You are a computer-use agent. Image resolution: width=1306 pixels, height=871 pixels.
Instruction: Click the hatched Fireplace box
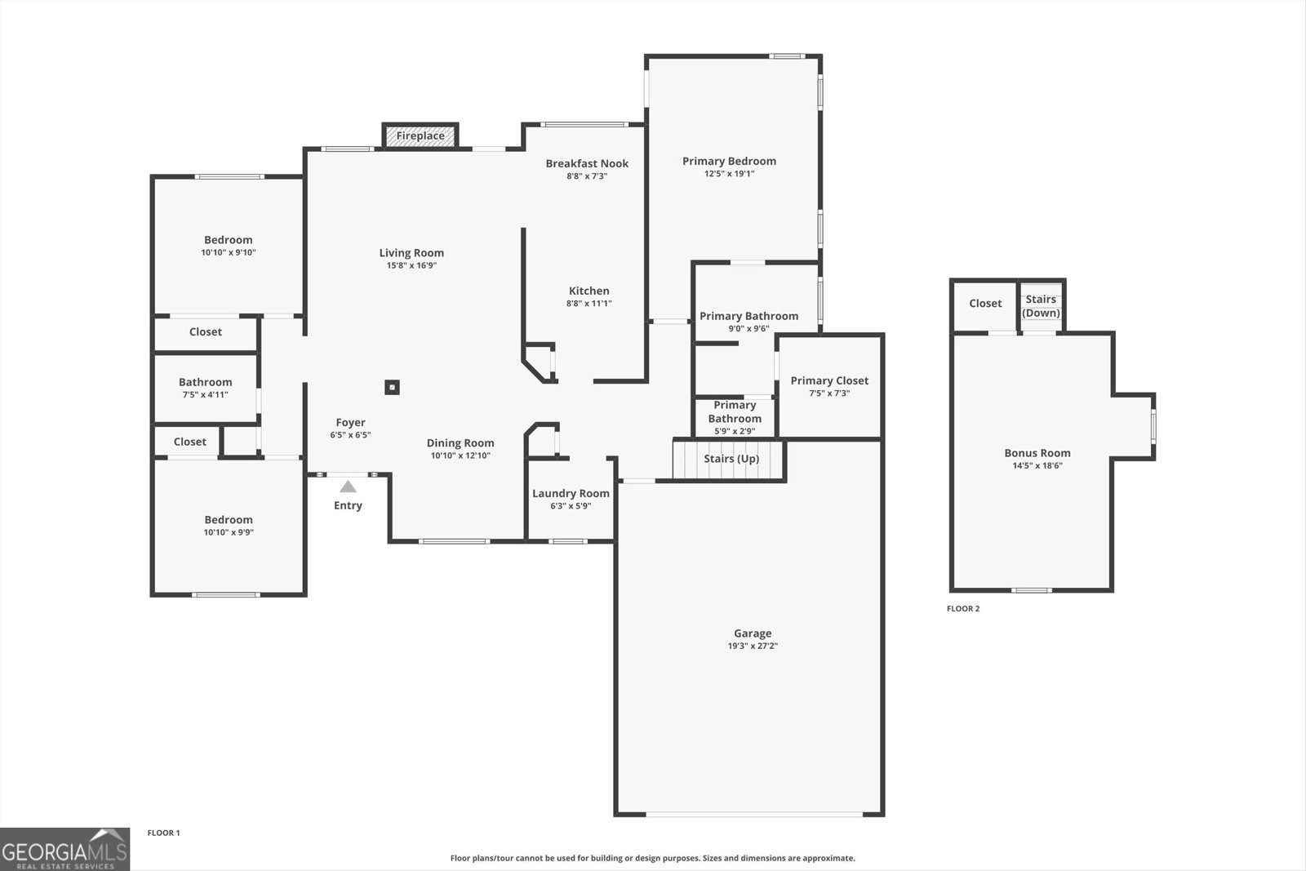pyautogui.click(x=420, y=136)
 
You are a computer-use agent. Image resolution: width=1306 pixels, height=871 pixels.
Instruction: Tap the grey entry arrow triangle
pyautogui.click(x=349, y=487)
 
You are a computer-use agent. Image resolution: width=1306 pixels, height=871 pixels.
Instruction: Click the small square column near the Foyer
pyautogui.click(x=392, y=387)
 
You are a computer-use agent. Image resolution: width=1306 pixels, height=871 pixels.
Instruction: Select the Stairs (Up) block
pyautogui.click(x=729, y=459)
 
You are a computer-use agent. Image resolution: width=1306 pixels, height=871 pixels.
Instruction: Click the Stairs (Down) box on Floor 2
pyautogui.click(x=1041, y=306)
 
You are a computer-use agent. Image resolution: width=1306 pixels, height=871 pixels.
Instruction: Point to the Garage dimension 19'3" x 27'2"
pyautogui.click(x=752, y=646)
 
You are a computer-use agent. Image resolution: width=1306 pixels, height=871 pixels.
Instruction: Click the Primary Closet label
pyautogui.click(x=828, y=380)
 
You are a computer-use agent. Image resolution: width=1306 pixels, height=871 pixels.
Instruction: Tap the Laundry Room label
pyautogui.click(x=571, y=493)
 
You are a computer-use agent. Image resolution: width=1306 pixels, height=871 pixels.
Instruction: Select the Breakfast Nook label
pyautogui.click(x=587, y=163)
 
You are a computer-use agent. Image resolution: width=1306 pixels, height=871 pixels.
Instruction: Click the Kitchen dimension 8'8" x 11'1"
pyautogui.click(x=589, y=304)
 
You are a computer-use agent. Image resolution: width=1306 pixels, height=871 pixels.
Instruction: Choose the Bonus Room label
pyautogui.click(x=1037, y=453)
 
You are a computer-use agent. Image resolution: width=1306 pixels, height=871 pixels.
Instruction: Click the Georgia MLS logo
pyautogui.click(x=64, y=849)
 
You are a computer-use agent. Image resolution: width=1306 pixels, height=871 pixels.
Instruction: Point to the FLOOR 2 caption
pyautogui.click(x=962, y=609)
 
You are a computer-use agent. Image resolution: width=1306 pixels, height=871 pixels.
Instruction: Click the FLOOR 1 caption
pyautogui.click(x=163, y=833)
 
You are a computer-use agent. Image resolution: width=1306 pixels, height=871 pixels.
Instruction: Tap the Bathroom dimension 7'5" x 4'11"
pyautogui.click(x=205, y=395)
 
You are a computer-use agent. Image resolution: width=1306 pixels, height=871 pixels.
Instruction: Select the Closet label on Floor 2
pyautogui.click(x=984, y=304)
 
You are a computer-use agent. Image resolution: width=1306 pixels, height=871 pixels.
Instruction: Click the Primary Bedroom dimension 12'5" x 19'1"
pyautogui.click(x=729, y=174)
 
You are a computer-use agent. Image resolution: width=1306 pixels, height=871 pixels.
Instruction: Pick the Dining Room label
pyautogui.click(x=460, y=443)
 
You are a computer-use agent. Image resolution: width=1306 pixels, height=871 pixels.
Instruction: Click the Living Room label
pyautogui.click(x=411, y=253)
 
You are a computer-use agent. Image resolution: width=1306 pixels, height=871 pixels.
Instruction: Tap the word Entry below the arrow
pyautogui.click(x=348, y=505)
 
